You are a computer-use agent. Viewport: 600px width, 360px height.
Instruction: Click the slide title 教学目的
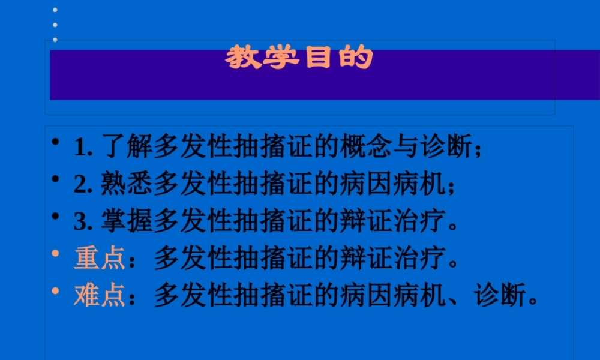(x=299, y=58)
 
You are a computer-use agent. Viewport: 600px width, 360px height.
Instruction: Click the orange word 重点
(x=99, y=259)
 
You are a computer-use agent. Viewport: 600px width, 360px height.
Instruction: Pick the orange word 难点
(x=99, y=296)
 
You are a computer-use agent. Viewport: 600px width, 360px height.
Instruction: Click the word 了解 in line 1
(x=127, y=148)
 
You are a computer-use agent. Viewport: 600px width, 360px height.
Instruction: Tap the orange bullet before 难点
(x=55, y=290)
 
